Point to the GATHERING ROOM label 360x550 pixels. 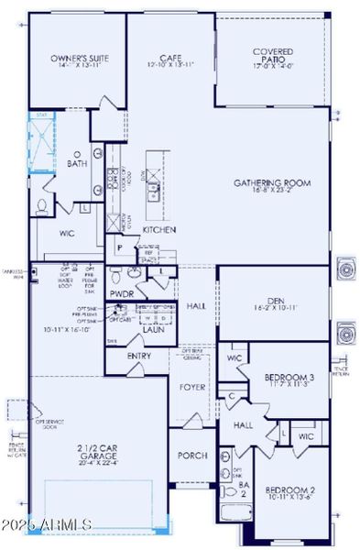272,182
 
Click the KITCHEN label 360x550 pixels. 158,230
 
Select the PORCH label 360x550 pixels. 192,456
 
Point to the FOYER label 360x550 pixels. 191,387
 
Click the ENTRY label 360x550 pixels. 140,356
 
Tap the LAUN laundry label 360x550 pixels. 153,329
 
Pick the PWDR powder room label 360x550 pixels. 123,294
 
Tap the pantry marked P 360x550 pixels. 120,247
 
